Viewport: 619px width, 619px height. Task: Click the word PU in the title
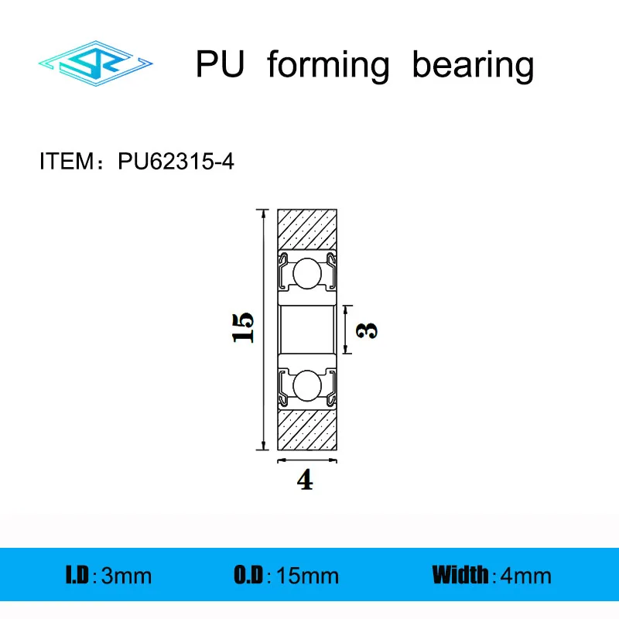(x=220, y=65)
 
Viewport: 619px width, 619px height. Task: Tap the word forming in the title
(x=328, y=67)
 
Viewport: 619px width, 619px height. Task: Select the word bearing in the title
(x=473, y=67)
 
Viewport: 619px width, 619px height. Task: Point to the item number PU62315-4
(x=175, y=162)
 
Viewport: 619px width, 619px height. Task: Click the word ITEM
(x=65, y=162)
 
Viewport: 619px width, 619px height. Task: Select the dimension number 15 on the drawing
(x=242, y=328)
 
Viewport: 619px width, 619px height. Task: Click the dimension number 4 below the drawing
(x=306, y=481)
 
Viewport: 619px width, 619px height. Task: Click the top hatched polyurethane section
(x=307, y=228)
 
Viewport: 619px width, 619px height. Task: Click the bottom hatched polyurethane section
(x=307, y=429)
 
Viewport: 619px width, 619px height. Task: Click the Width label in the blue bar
(x=460, y=575)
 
